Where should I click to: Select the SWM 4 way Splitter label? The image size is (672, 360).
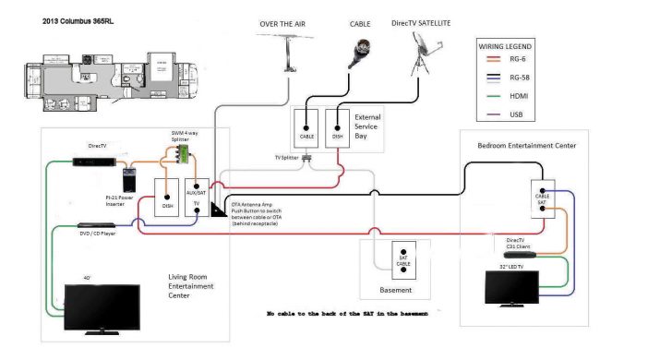[185, 136]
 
